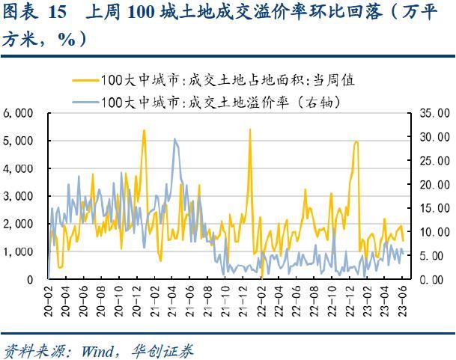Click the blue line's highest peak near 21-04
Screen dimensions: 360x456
(x=174, y=138)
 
